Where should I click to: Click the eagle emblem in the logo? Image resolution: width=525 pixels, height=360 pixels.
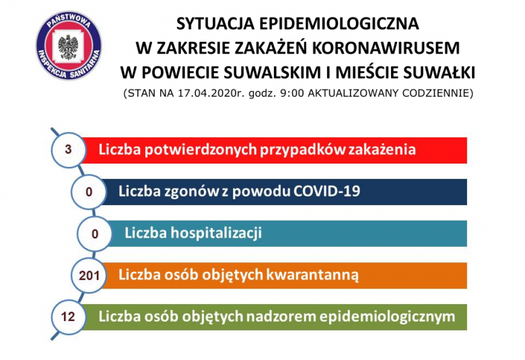(68, 47)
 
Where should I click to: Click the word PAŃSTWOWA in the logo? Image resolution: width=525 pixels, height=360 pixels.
(69, 21)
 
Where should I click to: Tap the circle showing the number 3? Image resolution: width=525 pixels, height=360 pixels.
(68, 149)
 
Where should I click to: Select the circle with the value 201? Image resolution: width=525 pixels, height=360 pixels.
(89, 276)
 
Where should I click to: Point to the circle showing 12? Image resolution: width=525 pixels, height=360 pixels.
(68, 317)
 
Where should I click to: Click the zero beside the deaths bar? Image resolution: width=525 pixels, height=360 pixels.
(89, 192)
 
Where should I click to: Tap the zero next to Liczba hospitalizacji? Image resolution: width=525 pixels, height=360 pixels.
(95, 233)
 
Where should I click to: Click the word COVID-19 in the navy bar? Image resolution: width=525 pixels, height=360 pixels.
(326, 191)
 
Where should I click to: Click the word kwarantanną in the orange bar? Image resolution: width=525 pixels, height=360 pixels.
(312, 275)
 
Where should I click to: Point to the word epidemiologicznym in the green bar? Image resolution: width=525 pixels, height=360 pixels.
(387, 317)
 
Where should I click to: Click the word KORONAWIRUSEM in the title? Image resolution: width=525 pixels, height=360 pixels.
(386, 48)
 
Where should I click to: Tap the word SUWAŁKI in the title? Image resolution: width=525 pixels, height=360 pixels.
(439, 73)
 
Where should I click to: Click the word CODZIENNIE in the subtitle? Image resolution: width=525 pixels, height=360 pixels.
(438, 94)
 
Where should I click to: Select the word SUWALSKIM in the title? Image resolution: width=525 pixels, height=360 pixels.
(273, 73)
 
